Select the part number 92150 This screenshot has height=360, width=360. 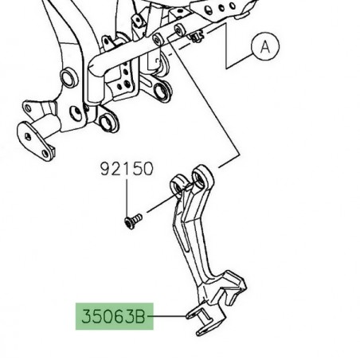127,169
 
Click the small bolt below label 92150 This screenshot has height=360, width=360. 131,219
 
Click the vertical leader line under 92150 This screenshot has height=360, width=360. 127,194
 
